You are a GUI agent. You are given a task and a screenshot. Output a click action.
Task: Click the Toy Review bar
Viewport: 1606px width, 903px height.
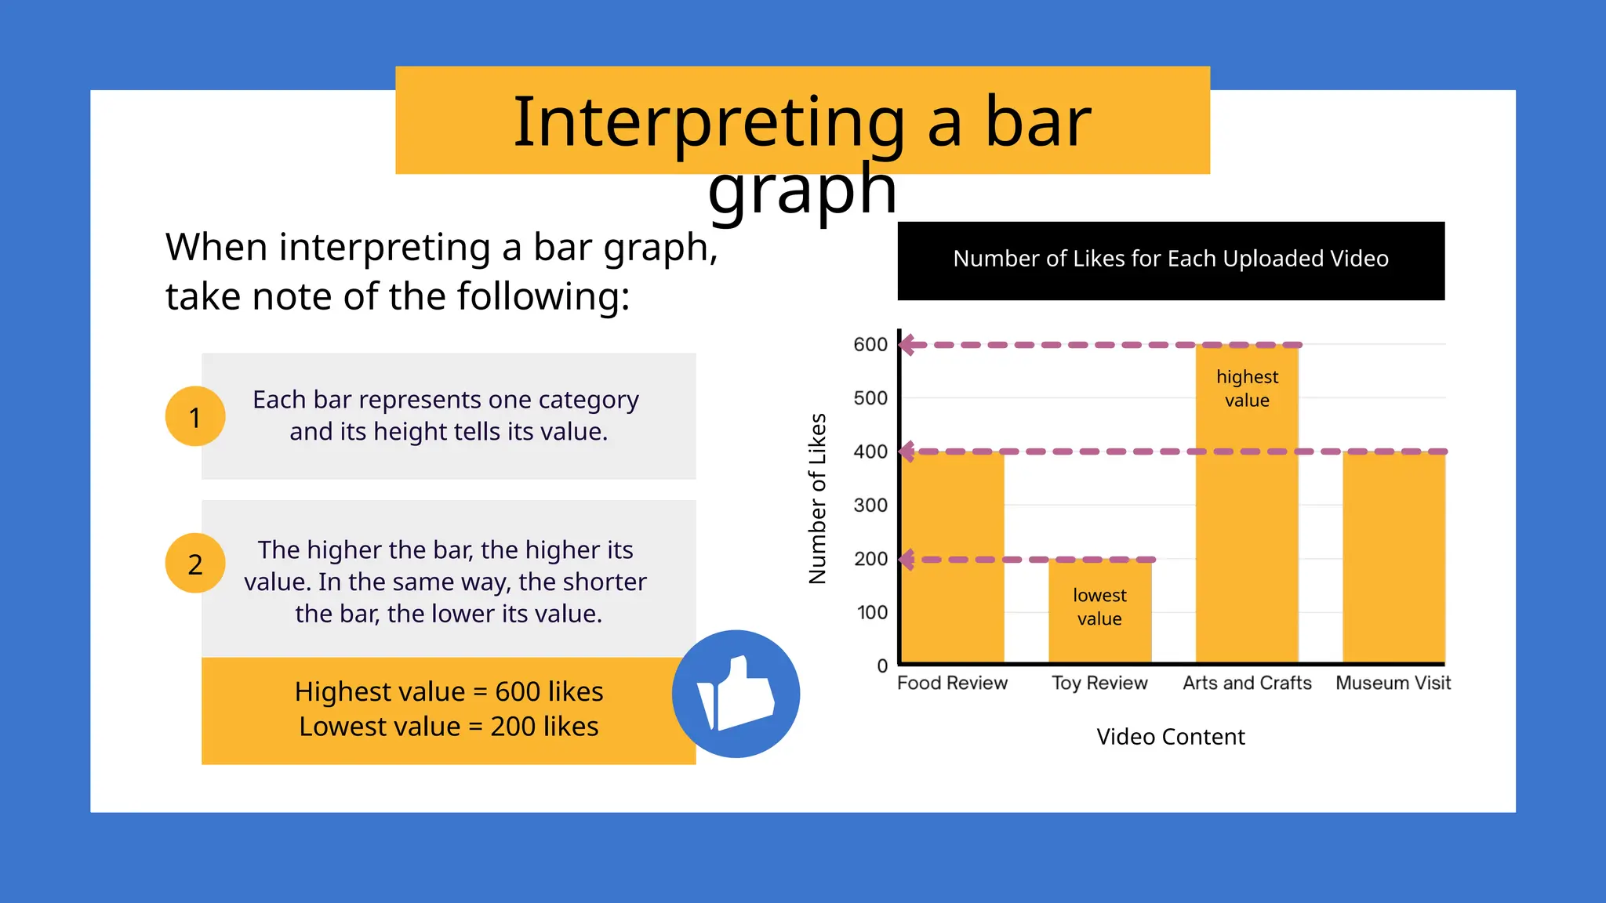pos(1099,627)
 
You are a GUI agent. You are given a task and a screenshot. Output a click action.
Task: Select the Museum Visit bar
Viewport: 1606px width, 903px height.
pos(1393,557)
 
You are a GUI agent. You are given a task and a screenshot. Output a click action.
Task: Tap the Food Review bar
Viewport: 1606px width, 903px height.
pos(953,557)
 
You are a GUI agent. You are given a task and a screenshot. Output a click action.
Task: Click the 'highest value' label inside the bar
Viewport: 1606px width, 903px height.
pos(1247,388)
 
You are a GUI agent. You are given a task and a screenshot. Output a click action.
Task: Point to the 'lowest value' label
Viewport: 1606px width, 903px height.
pos(1099,607)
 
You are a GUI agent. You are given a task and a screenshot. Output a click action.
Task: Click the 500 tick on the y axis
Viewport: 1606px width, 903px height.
pos(870,398)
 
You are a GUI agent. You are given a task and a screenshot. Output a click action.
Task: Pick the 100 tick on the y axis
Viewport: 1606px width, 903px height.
pos(872,612)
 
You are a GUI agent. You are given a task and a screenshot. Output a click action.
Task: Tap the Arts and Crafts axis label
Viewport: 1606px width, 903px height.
pos(1247,683)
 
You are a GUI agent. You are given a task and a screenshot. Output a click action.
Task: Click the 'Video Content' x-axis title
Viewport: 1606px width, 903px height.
pos(1170,737)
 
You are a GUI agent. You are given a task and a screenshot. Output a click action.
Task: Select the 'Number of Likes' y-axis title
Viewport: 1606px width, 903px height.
pos(817,499)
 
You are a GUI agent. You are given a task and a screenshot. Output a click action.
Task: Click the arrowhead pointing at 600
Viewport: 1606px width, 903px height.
pos(908,345)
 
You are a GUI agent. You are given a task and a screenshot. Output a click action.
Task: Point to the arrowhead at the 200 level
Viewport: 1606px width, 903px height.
pos(907,560)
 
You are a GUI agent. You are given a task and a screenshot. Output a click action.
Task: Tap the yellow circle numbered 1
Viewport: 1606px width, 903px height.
pos(195,416)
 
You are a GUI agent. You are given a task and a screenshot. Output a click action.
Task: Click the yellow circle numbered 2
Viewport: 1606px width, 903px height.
pos(195,564)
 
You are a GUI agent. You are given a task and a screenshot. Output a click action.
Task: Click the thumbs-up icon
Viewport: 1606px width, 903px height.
pos(736,694)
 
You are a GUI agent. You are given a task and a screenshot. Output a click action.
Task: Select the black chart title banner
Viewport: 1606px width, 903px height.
pos(1170,260)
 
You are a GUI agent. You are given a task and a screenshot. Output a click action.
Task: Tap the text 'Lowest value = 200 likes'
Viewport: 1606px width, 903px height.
pos(449,727)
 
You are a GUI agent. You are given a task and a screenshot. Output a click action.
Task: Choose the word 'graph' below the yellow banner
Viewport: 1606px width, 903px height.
pos(801,190)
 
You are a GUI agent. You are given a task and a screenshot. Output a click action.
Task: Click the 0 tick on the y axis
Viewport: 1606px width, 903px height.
pos(882,666)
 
